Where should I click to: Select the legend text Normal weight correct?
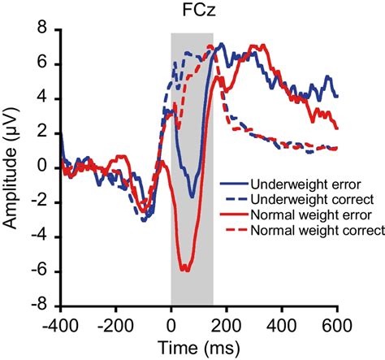[309, 232]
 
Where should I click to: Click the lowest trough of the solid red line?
[186, 270]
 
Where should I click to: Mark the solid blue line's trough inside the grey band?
[192, 197]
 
